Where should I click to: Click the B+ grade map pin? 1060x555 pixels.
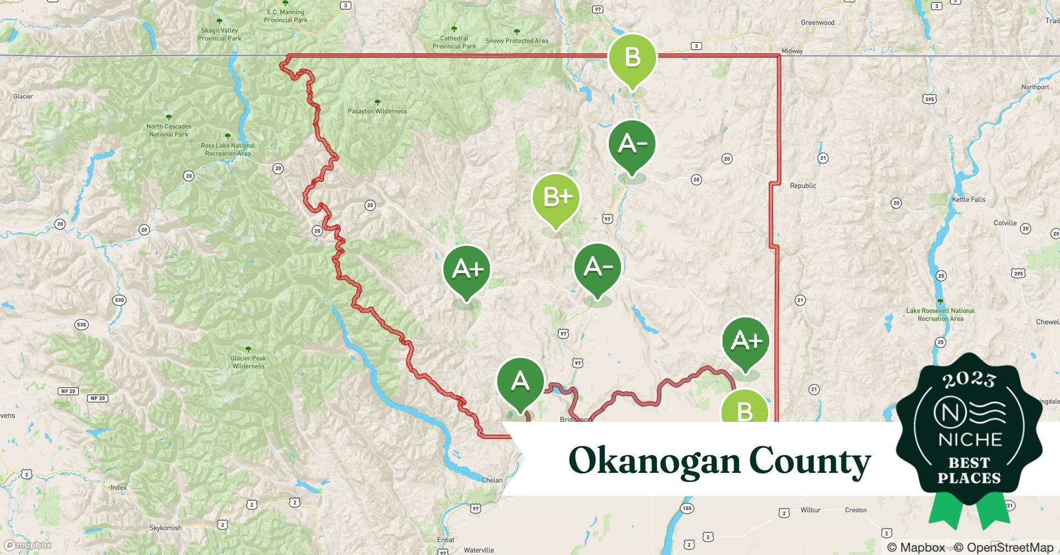coord(556,198)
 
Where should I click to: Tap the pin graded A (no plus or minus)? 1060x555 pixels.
coord(520,382)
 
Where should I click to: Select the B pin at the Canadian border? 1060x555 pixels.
coord(632,58)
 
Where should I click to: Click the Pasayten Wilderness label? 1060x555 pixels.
coord(377,111)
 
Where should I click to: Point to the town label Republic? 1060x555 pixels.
coord(802,186)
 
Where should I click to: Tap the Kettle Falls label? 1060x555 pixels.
coord(968,200)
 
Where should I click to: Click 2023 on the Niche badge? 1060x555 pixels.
coord(969,380)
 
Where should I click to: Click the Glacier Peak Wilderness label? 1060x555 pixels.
coord(248,362)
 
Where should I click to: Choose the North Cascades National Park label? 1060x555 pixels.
coord(169,130)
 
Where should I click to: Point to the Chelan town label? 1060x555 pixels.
coord(492,480)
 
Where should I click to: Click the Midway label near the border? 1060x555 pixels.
coord(792,51)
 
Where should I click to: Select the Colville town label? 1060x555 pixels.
coord(1005,223)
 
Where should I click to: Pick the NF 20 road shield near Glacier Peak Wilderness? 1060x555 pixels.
coord(98,398)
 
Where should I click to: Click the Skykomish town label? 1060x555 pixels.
coord(165,528)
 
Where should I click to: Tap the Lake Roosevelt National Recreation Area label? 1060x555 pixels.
coord(940,315)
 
